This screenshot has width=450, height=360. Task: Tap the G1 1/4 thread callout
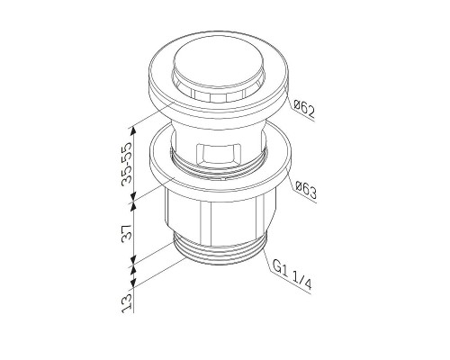pyautogui.click(x=294, y=271)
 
